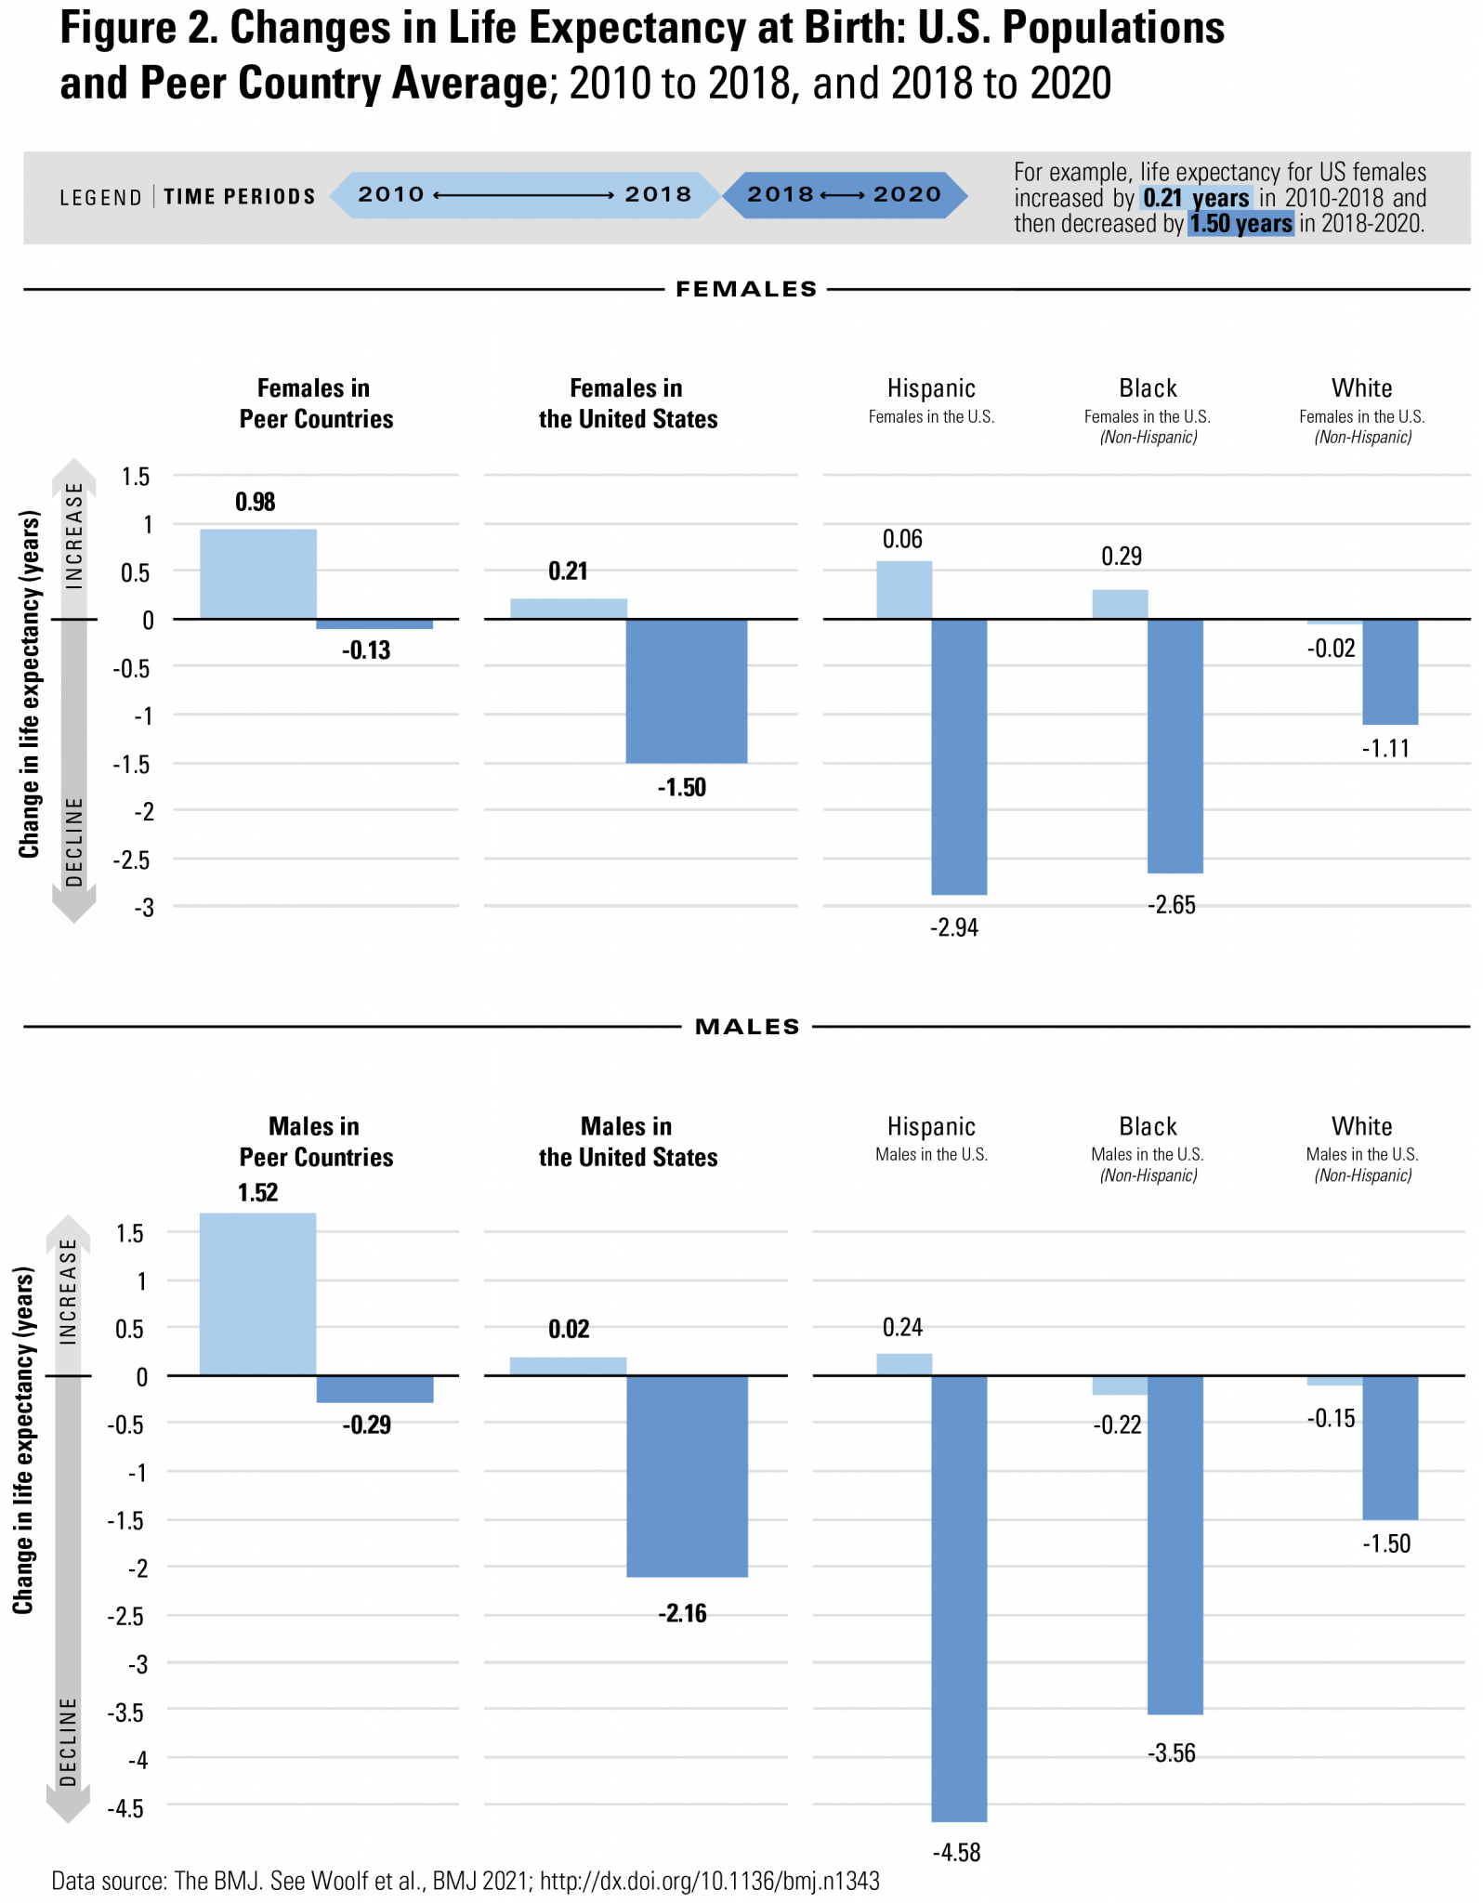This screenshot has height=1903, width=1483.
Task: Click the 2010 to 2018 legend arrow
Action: coord(525,195)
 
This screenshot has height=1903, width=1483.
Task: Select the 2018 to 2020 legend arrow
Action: coord(845,195)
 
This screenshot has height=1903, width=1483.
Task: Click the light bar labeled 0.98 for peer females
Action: coord(258,573)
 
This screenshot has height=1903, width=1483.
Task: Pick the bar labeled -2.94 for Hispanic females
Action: coord(959,756)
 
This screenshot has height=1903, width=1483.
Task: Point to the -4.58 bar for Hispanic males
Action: coord(959,1598)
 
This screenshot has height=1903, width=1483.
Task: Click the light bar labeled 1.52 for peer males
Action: coord(258,1293)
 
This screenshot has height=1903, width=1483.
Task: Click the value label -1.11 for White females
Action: coord(1385,749)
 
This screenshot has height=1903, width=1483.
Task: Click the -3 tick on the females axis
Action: coord(143,908)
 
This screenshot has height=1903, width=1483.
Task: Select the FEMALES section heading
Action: coord(746,290)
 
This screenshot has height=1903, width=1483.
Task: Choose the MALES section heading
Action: coord(747,1027)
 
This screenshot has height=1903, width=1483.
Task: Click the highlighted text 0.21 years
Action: coord(1196,198)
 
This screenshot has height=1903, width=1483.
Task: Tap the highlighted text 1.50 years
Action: coord(1240,224)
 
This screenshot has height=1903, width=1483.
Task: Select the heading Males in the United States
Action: coord(628,1142)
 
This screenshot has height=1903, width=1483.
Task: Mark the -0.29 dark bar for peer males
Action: coord(374,1388)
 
